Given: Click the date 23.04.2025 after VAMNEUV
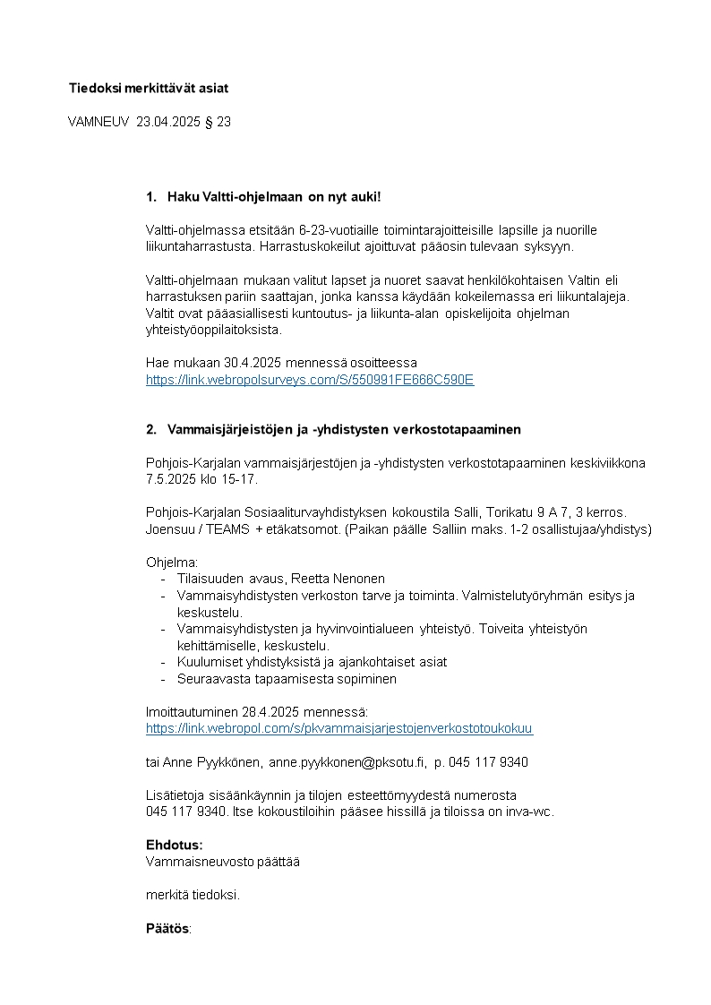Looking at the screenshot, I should pos(169,122).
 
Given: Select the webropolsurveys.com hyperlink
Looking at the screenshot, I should pos(310,380).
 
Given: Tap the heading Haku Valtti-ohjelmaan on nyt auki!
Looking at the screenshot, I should pos(274,196).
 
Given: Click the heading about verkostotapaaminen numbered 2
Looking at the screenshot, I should pos(344,429).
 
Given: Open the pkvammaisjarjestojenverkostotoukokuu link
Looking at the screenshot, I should pos(339,729).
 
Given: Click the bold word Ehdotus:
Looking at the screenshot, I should pos(175,845).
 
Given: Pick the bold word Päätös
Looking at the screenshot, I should pos(167,929).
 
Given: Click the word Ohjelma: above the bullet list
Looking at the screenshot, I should pos(172,562).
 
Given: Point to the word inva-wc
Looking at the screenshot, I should pos(528,812).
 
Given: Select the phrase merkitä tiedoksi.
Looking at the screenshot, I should pos(193,895).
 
